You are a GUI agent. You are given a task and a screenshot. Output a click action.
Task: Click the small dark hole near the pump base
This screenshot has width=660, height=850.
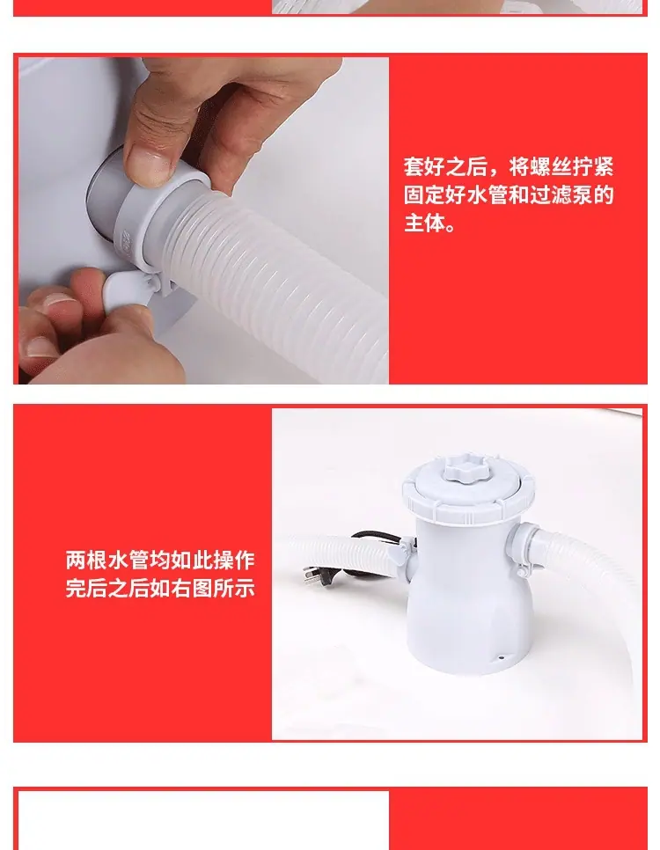tap(501, 659)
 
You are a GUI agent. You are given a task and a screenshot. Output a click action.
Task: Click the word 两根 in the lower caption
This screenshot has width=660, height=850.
tap(86, 560)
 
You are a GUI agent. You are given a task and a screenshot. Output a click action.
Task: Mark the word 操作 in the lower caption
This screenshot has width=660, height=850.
tap(234, 560)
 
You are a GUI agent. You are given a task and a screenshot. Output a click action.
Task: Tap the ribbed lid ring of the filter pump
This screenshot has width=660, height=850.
tap(468, 496)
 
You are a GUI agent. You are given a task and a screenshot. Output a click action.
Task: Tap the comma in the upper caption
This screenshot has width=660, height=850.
tap(494, 172)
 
